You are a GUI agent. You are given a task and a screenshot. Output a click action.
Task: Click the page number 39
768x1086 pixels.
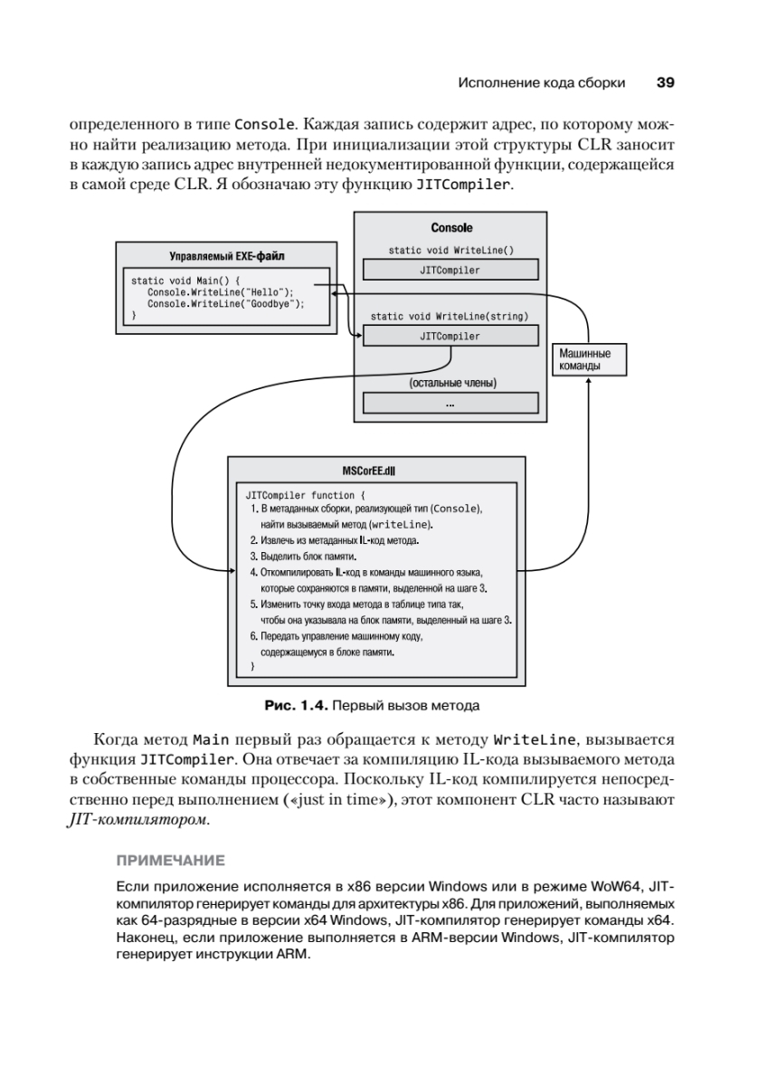(665, 82)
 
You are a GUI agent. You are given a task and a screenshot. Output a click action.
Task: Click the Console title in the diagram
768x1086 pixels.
(450, 228)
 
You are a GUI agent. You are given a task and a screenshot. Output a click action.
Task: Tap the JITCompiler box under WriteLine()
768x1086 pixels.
(450, 270)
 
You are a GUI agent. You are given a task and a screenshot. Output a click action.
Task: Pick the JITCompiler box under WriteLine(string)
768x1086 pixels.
(450, 336)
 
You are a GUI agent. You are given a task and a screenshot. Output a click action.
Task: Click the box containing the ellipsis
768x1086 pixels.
(450, 403)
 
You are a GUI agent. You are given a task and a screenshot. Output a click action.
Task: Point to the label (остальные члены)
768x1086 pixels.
(451, 383)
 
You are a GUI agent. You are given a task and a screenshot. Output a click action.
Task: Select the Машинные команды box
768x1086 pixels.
(588, 359)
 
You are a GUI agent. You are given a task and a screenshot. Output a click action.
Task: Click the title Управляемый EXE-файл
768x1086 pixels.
(227, 256)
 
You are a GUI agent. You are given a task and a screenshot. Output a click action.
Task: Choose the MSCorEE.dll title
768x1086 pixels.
(377, 472)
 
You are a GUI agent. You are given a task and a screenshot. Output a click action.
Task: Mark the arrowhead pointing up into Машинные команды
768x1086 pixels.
(588, 381)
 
